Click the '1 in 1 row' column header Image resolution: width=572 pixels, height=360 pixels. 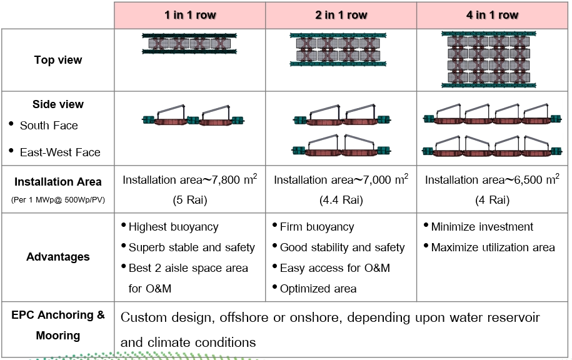click(x=190, y=15)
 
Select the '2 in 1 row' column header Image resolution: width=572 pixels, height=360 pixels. click(x=341, y=15)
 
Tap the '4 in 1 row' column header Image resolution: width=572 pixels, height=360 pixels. click(x=493, y=15)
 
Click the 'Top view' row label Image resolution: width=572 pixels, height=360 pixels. click(x=58, y=60)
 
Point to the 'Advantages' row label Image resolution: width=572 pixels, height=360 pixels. click(x=58, y=257)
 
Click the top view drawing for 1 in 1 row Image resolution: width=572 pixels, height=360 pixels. click(x=190, y=44)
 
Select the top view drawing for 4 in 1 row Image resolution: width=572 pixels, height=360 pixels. click(x=493, y=60)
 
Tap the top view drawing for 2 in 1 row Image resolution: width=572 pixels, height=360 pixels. click(x=341, y=49)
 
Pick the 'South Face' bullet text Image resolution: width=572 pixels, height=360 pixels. click(x=49, y=126)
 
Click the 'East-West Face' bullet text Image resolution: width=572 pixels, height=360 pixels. click(x=60, y=152)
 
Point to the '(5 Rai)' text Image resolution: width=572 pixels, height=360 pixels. click(x=190, y=201)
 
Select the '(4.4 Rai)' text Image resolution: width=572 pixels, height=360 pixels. click(x=341, y=201)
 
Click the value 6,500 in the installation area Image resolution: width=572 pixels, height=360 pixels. click(x=526, y=181)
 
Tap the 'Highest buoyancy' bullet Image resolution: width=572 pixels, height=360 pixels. click(x=173, y=227)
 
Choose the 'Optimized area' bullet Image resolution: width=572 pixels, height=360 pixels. click(x=318, y=289)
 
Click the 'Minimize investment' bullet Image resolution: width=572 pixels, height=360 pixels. click(x=482, y=227)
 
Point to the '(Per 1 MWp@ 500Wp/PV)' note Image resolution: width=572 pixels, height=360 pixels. click(x=58, y=200)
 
